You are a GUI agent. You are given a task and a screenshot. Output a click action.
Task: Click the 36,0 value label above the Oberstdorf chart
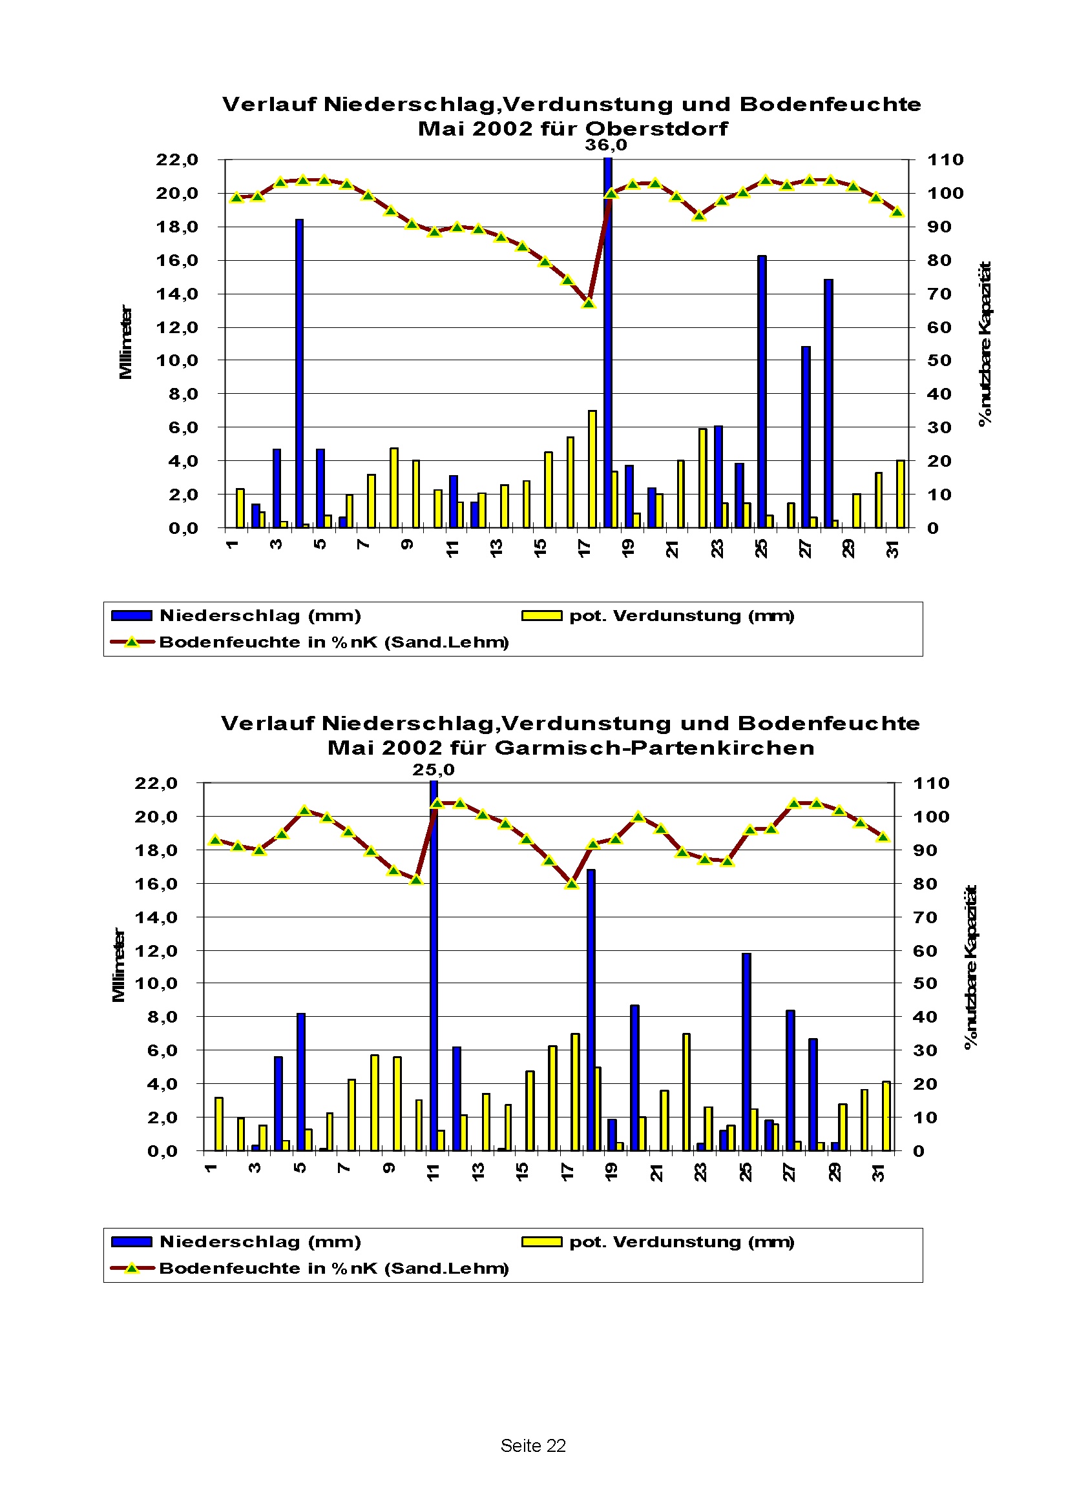point(605,145)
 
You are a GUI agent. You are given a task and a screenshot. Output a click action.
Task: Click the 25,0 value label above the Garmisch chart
point(433,770)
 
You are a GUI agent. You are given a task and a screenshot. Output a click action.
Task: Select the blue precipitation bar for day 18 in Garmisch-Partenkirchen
point(591,1010)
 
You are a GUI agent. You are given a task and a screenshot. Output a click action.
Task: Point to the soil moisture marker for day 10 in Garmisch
point(416,879)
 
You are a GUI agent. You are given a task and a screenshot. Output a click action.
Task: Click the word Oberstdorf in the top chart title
point(656,128)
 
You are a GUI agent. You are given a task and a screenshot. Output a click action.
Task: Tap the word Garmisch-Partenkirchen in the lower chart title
point(654,748)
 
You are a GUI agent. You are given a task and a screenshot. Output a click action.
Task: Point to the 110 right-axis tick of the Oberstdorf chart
point(945,160)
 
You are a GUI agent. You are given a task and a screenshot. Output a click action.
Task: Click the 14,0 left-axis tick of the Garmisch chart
point(156,917)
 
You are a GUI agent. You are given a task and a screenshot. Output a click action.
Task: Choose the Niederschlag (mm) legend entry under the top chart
point(260,616)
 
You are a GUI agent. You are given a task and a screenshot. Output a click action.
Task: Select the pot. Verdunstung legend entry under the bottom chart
point(681,1241)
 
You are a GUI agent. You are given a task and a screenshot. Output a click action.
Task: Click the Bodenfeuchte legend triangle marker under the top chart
point(132,642)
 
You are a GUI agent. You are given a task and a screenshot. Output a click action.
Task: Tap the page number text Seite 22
point(533,1445)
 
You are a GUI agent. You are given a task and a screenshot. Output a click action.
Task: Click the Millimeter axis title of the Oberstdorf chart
point(125,342)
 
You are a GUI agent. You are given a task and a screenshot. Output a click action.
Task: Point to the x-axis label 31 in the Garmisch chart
point(879,1172)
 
